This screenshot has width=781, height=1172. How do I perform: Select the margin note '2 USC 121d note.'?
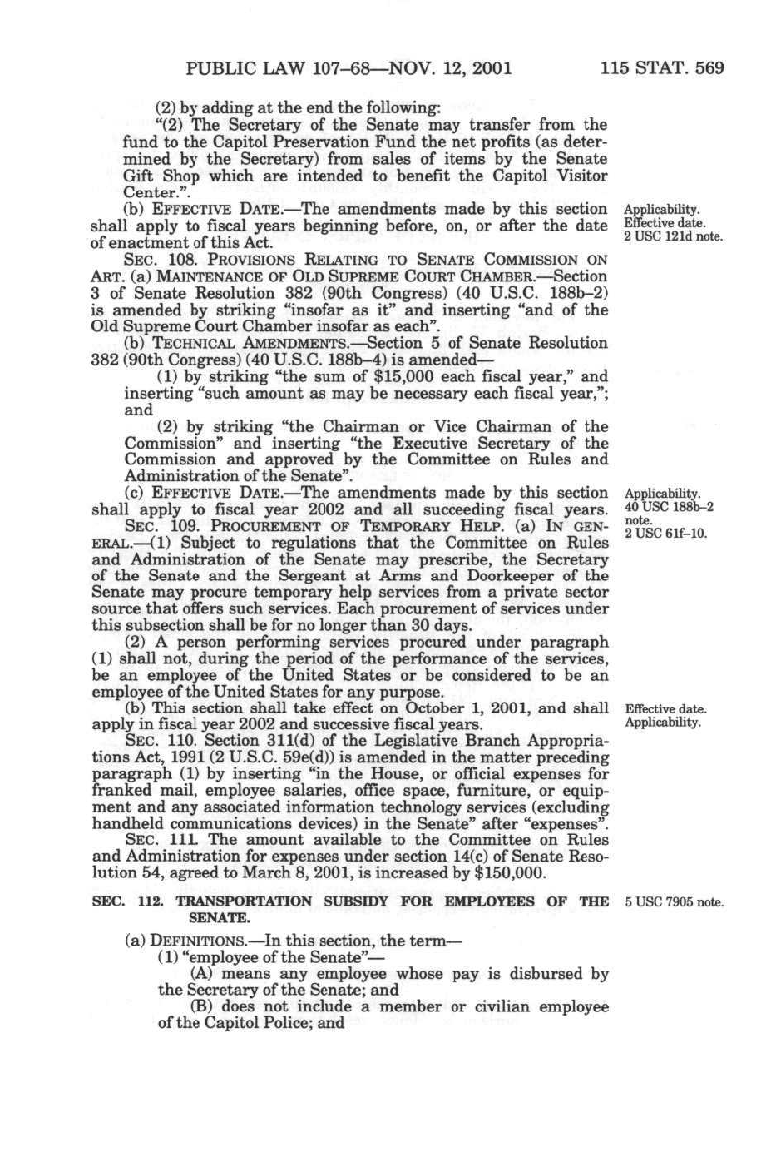click(674, 237)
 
